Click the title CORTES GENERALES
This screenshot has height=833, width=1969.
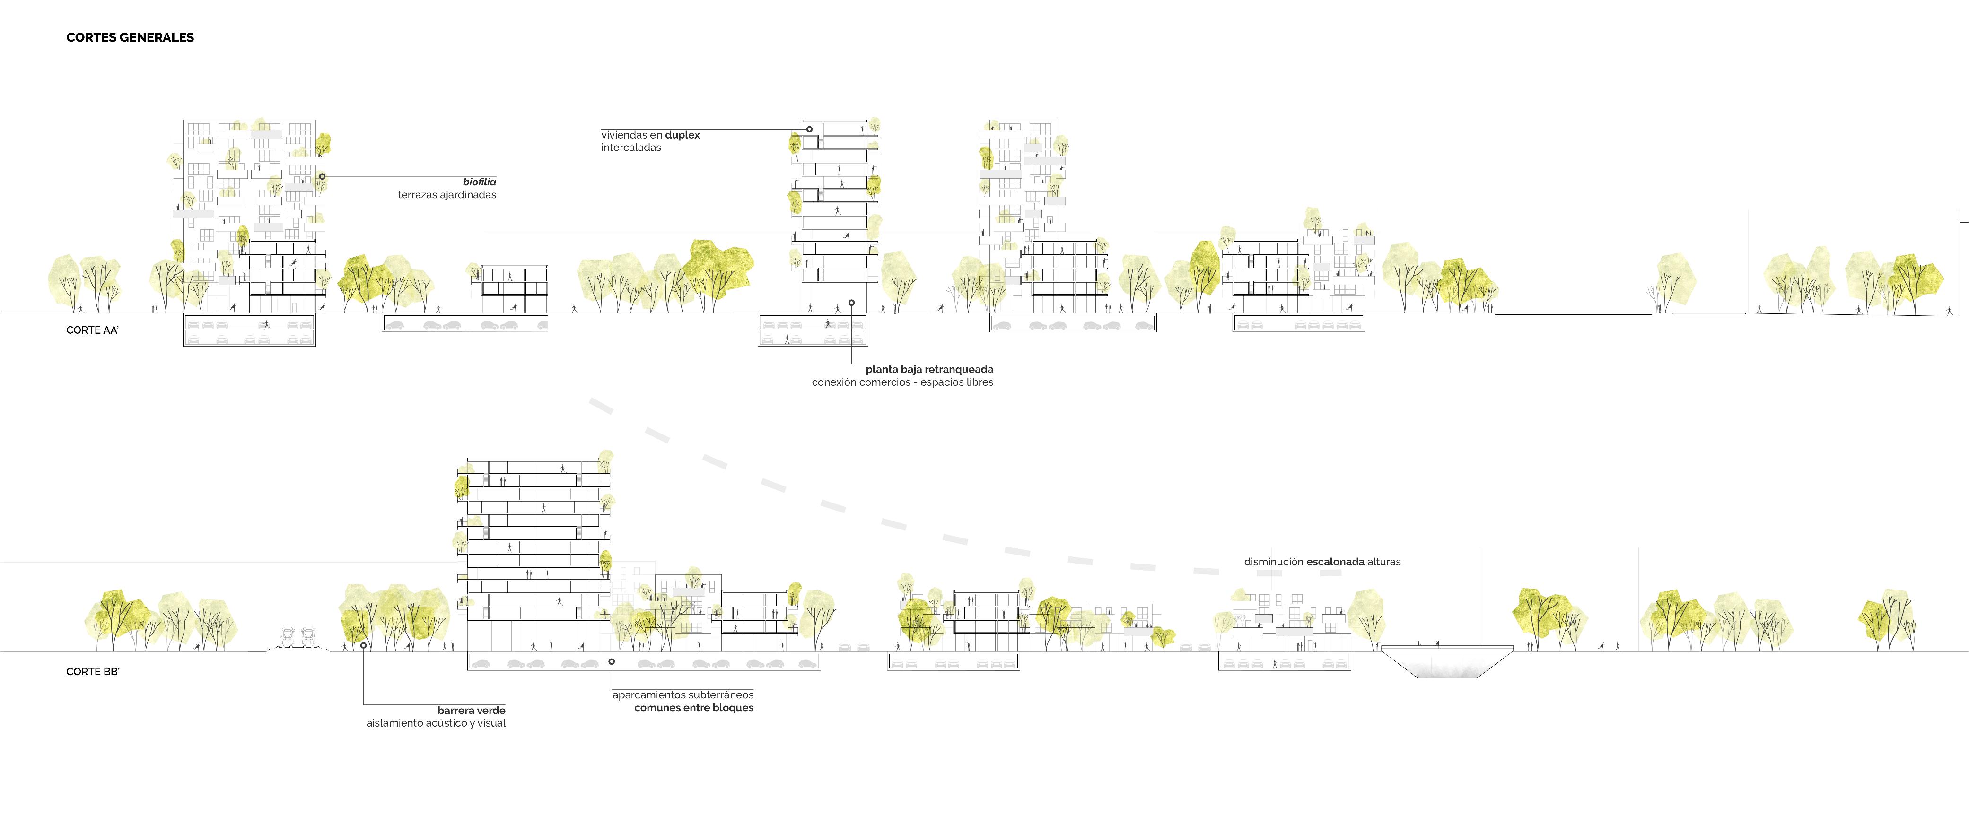130,37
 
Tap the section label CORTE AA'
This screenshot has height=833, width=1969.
93,330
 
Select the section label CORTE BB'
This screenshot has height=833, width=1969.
93,672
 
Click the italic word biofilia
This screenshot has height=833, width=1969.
479,182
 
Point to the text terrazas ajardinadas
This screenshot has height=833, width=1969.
446,195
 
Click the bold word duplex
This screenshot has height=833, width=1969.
683,135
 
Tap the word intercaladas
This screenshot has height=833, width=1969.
630,148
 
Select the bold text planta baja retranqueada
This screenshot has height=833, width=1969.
929,369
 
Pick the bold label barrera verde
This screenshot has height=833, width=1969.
472,711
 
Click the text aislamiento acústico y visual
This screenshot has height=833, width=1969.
436,723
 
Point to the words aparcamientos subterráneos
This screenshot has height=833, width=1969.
683,694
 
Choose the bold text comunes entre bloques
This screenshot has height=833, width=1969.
693,708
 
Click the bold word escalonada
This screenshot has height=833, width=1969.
1335,562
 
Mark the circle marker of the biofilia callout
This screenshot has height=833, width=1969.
322,176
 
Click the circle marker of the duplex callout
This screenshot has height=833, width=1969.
809,129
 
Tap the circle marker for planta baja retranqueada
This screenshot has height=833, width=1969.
851,303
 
